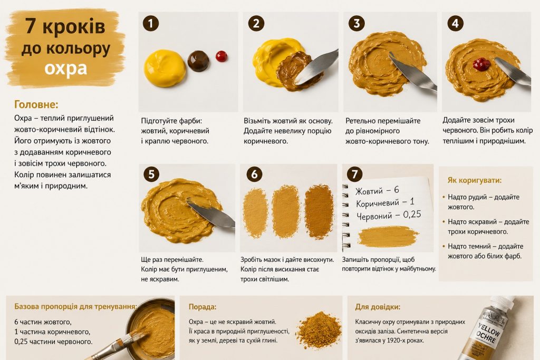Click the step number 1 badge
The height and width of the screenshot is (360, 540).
[x=151, y=23]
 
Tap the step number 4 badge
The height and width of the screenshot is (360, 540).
[x=455, y=23]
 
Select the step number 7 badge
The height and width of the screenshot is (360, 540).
[x=355, y=174]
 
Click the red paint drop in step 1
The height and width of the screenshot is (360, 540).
[x=221, y=56]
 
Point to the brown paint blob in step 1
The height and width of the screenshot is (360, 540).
[x=198, y=61]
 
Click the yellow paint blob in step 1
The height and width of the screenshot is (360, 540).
[x=165, y=68]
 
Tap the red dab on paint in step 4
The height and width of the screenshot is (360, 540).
[x=481, y=64]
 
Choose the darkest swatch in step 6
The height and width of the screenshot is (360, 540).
[x=319, y=212]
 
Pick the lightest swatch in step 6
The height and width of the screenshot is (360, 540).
[x=256, y=213]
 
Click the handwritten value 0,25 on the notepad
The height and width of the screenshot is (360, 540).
[x=412, y=215]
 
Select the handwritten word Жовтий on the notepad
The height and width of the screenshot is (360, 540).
[x=369, y=191]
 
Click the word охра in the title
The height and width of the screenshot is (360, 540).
[x=65, y=68]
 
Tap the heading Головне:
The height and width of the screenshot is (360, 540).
[x=36, y=104]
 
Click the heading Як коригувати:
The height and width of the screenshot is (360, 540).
[x=475, y=180]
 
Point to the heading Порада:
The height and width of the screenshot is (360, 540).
[x=202, y=307]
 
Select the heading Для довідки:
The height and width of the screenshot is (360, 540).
[x=378, y=307]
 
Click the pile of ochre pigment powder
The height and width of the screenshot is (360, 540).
[x=319, y=330]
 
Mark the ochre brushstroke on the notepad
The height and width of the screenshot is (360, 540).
[x=388, y=237]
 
